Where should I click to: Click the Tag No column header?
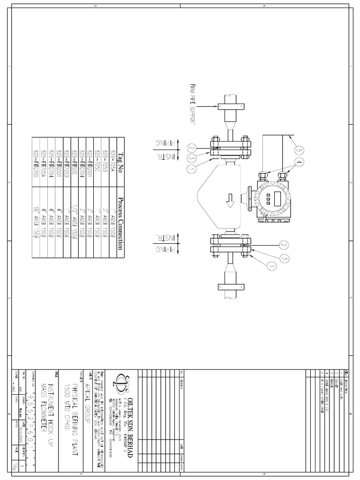tap(120, 162)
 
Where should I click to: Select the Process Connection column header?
tap(120, 224)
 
